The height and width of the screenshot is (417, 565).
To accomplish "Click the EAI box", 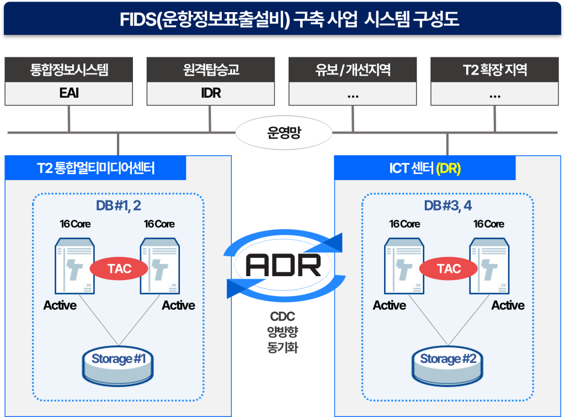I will tap(69, 93).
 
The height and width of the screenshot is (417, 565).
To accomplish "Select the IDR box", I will tap(211, 93).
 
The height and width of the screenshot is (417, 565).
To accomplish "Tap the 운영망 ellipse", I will tap(284, 134).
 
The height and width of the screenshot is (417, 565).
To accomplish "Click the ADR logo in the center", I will tap(284, 266).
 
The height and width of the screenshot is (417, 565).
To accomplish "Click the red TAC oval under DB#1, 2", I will tap(119, 269).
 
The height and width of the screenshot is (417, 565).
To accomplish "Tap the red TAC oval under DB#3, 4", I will tap(449, 269).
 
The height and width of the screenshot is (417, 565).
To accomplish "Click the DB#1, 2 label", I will tap(118, 205).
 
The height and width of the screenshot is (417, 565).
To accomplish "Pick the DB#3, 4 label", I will tap(447, 206).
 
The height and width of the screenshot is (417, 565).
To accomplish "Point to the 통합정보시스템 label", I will tap(69, 70).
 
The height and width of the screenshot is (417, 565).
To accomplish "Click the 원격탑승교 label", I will tap(211, 70).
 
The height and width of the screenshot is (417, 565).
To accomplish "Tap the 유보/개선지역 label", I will tap(353, 70).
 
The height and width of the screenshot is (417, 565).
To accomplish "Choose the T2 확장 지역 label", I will tap(495, 70).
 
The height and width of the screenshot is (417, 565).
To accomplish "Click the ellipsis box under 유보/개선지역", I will tap(353, 93).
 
